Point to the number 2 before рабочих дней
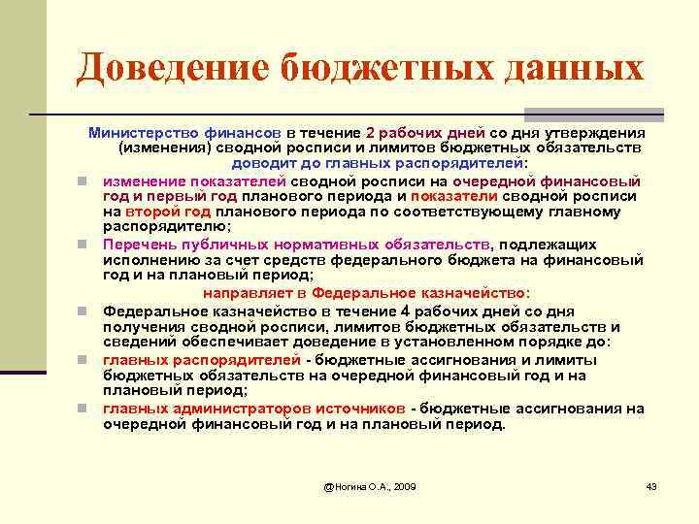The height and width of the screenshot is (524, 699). (370, 132)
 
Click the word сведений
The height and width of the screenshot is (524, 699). (141, 343)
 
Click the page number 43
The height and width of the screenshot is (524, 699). (651, 485)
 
